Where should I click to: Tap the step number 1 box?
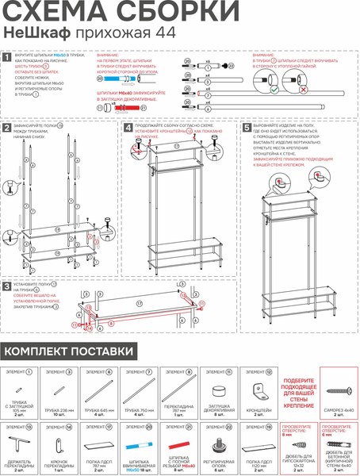coord(7,58)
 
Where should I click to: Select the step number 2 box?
coord(7,128)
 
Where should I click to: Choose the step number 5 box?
coord(247,127)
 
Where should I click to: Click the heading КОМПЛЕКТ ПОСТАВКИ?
coord(69,351)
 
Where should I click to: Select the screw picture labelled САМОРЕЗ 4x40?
coord(337,392)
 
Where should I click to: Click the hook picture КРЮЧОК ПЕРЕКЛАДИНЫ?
coord(59,443)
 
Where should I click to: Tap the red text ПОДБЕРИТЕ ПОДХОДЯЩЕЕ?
coord(297,382)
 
